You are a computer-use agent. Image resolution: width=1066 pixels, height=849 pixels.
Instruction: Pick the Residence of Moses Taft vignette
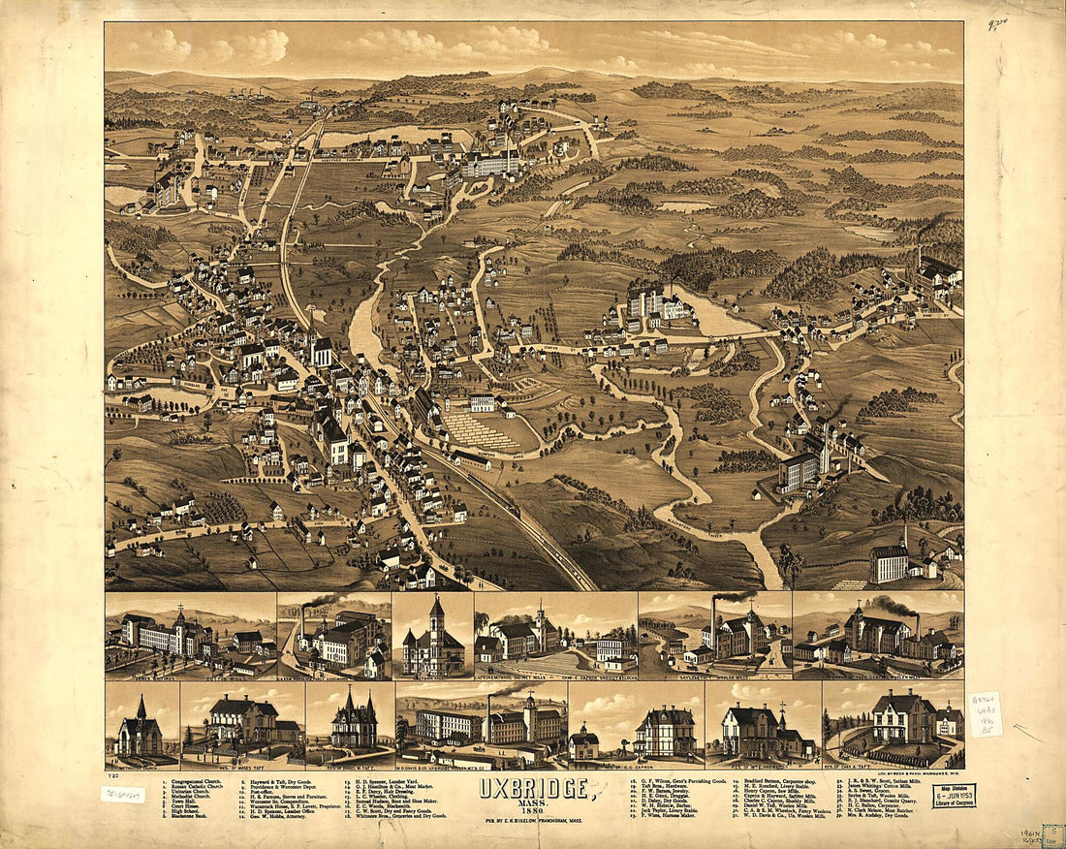[x=242, y=723]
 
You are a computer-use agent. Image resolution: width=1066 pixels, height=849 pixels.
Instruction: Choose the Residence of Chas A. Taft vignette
[x=894, y=723]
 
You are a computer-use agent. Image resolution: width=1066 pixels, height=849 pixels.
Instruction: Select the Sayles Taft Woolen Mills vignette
[x=715, y=636]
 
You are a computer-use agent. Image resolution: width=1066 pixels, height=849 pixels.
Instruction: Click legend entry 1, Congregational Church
[x=194, y=780]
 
